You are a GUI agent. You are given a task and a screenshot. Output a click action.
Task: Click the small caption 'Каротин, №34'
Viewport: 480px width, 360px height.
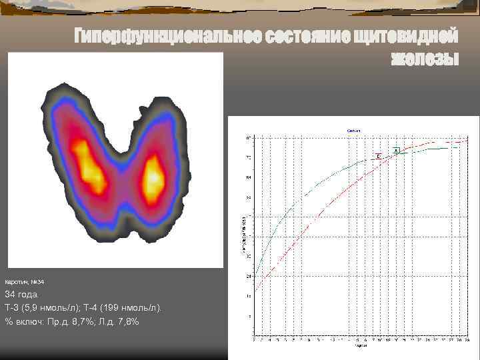click(x=25, y=283)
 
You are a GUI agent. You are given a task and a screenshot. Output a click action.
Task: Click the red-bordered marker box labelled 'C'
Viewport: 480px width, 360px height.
click(x=378, y=156)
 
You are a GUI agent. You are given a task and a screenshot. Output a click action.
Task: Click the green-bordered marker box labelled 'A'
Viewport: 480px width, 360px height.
click(x=396, y=151)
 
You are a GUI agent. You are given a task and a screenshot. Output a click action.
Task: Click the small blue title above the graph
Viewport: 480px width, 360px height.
click(x=354, y=132)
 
